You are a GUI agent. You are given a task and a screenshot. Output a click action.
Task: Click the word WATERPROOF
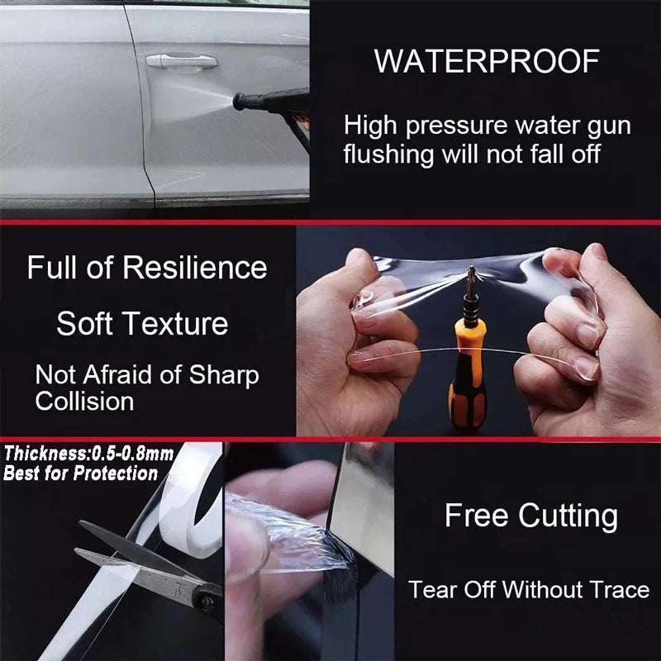[486, 62]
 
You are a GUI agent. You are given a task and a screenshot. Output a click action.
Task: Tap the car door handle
[181, 60]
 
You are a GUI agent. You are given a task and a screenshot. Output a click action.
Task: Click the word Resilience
[195, 268]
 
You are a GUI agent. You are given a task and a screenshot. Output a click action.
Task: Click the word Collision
[84, 402]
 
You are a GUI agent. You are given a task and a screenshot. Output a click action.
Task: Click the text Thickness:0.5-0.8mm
[89, 453]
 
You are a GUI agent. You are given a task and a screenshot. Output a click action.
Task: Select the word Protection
[116, 474]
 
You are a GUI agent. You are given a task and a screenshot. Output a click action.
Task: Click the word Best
[20, 474]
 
